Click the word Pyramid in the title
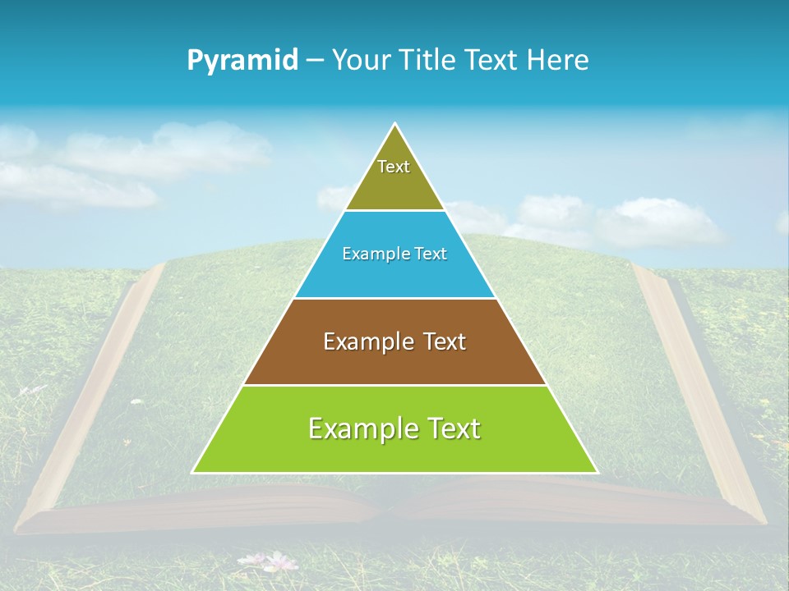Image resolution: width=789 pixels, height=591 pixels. point(242,61)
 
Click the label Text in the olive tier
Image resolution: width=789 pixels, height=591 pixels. point(394,167)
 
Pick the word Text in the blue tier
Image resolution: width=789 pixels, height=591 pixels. point(430,254)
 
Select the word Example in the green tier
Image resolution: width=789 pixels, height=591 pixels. point(362,428)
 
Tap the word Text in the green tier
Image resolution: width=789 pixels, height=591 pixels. point(453,428)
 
